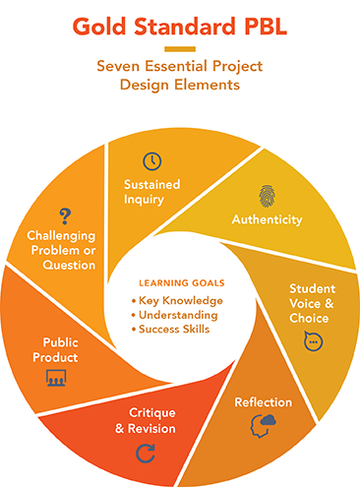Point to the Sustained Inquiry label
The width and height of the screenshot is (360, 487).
pyautogui.click(x=151, y=191)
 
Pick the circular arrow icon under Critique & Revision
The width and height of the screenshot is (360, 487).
pyautogui.click(x=145, y=454)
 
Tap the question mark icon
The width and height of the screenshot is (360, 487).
pyautogui.click(x=66, y=214)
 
